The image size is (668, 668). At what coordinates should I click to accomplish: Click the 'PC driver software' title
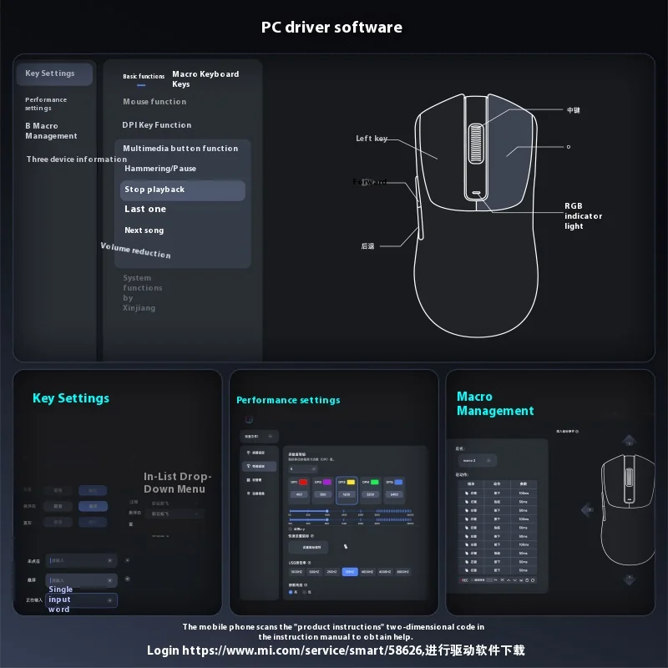[x=331, y=27]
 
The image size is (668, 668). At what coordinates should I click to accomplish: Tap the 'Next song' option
[x=144, y=230]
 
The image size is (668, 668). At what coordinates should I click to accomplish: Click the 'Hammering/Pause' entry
[x=160, y=169]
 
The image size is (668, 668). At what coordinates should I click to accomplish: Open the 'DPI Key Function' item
[x=157, y=125]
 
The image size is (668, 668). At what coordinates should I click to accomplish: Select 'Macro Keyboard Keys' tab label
[x=205, y=78]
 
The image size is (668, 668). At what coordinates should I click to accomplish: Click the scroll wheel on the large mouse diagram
[x=476, y=149]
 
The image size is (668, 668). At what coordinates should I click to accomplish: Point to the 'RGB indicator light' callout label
[x=583, y=215]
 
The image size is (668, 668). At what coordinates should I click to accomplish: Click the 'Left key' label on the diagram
[x=372, y=139]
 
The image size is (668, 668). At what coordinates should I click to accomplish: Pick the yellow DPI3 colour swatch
[x=352, y=483]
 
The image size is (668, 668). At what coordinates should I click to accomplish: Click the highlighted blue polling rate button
[x=350, y=572]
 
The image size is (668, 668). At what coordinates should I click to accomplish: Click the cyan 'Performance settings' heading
[x=288, y=401]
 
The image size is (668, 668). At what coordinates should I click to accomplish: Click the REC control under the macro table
[x=465, y=579]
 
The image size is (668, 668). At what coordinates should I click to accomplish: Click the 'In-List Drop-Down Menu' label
[x=178, y=483]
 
